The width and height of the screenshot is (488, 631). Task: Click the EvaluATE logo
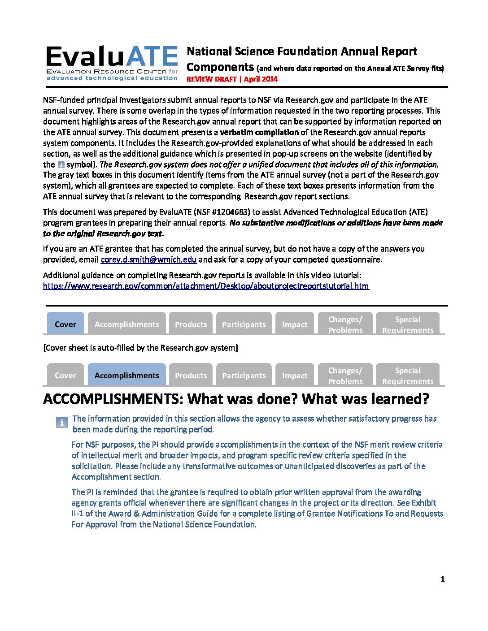[x=112, y=63]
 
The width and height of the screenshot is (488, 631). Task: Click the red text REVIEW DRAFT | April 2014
[x=232, y=79]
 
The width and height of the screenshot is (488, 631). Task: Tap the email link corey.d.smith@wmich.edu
[x=148, y=259]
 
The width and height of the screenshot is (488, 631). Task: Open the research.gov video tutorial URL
[x=206, y=286]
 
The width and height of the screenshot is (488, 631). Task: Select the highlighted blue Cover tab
[x=65, y=324]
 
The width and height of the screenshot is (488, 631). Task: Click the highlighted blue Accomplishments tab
[x=126, y=375]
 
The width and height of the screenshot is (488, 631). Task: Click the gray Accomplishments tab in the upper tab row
[x=126, y=324]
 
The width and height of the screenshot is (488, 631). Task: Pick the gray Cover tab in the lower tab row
[x=65, y=375]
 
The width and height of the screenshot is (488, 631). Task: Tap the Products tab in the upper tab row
[x=191, y=324]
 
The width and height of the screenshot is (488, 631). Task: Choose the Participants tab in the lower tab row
[x=244, y=375]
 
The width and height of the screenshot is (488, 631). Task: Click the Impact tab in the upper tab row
[x=295, y=324]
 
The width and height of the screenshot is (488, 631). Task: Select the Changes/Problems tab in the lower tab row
[x=345, y=375]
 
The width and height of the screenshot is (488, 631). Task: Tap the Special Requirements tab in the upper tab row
[x=407, y=324]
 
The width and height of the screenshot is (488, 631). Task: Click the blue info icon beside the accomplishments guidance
[x=61, y=422]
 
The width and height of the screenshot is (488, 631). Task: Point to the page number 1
[x=442, y=579]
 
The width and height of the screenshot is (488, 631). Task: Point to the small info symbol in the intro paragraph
[x=61, y=165]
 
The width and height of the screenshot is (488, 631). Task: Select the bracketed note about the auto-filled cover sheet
[x=140, y=348]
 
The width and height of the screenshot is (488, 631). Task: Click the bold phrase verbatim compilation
[x=259, y=132]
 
